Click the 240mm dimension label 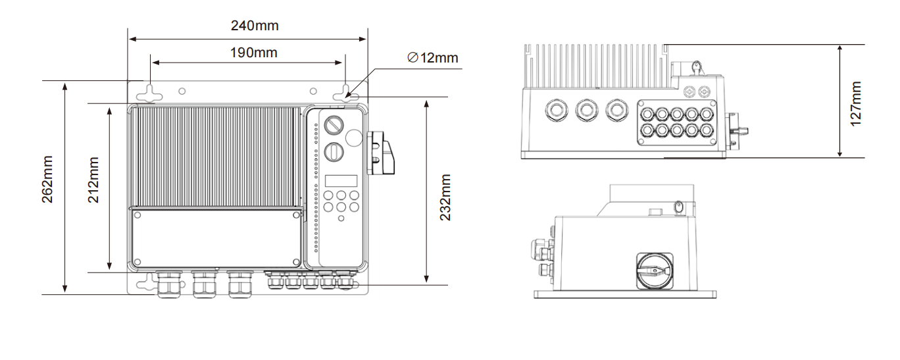[x=255, y=26]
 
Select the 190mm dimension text [x=253, y=53]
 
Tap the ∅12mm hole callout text [x=433, y=58]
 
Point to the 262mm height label [x=47, y=179]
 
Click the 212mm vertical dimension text [x=93, y=180]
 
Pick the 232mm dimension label [x=445, y=197]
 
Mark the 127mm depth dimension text [x=856, y=104]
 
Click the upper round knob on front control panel [x=334, y=125]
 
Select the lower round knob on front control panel [x=334, y=152]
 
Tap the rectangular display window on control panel [x=341, y=181]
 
